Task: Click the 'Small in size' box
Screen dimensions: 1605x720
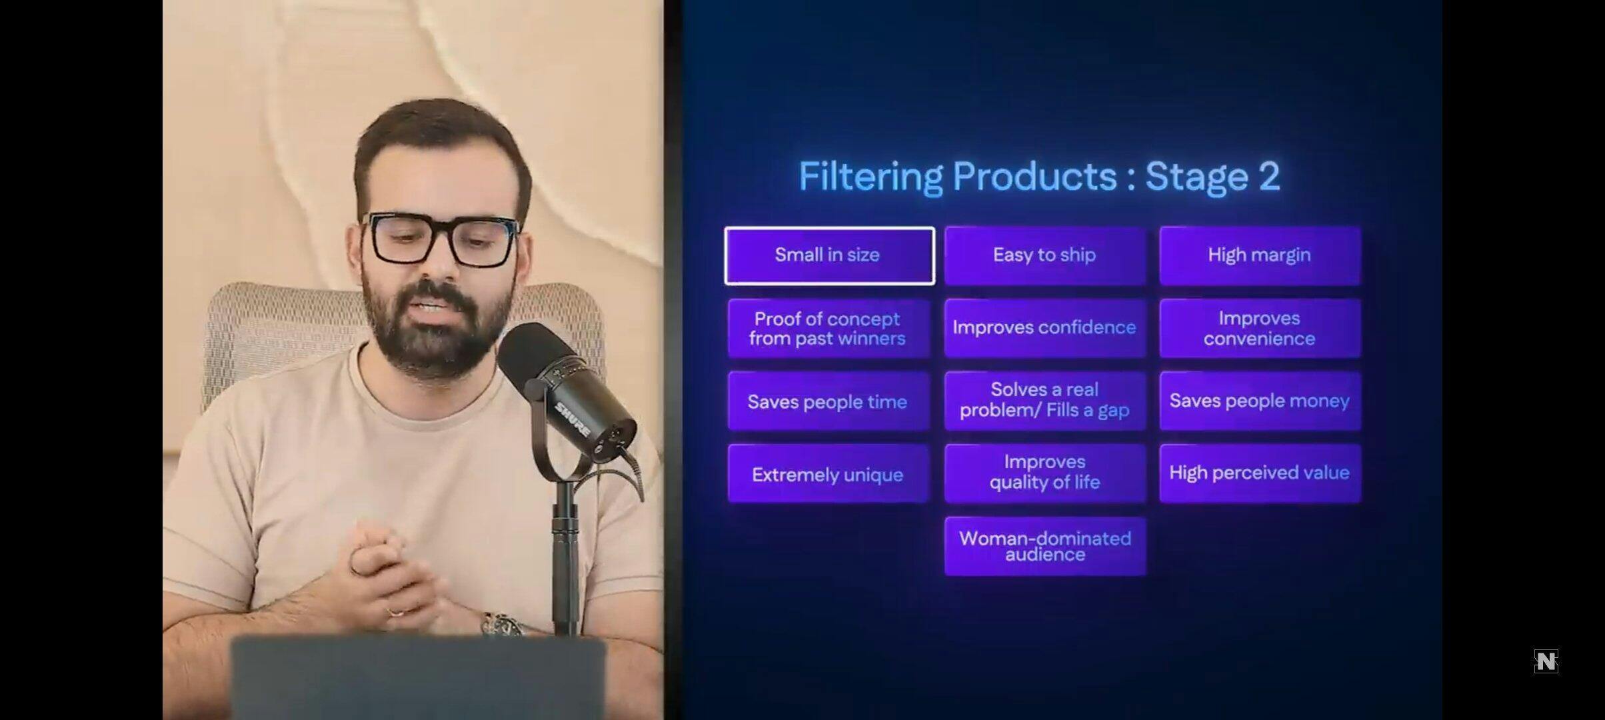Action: [x=829, y=256]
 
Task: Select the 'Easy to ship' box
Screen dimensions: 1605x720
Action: [x=1045, y=256]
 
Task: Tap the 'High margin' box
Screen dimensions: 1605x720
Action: [x=1260, y=256]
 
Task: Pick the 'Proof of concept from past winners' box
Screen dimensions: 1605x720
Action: [x=828, y=329]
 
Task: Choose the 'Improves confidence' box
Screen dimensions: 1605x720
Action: [x=1045, y=329]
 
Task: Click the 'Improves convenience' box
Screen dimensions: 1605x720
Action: [x=1260, y=329]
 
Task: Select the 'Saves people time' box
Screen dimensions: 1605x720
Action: [x=828, y=401]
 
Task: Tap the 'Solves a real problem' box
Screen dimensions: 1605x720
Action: [x=1045, y=401]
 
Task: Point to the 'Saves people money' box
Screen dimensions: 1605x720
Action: [x=1260, y=401]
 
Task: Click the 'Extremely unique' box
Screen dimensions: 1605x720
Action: [x=828, y=474]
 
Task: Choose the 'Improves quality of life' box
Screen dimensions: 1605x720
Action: [x=1045, y=474]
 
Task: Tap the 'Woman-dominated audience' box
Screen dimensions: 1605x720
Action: [x=1045, y=547]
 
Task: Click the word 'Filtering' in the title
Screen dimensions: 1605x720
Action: [x=870, y=177]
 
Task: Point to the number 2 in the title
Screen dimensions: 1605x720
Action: [x=1269, y=177]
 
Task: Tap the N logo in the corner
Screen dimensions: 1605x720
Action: [x=1546, y=661]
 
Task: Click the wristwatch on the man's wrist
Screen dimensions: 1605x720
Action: [x=501, y=625]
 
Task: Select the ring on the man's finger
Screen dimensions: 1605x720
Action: [x=395, y=612]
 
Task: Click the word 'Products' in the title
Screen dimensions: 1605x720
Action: [x=1035, y=177]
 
